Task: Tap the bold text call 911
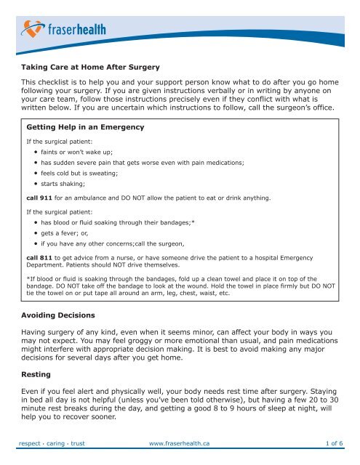[41, 198]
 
